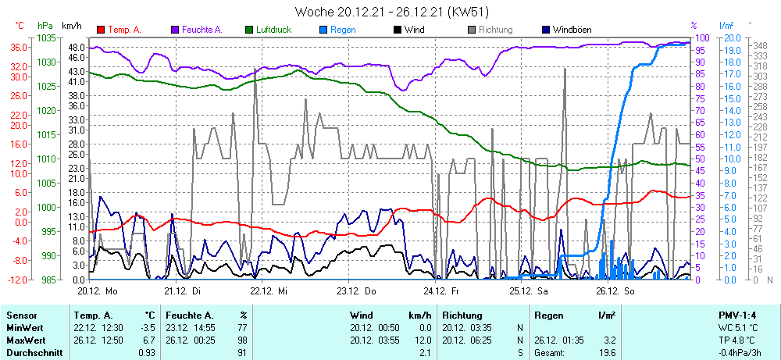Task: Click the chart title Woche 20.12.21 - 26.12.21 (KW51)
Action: pos(390,12)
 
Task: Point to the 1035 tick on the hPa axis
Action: pos(47,37)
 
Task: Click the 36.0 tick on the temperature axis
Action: pos(20,47)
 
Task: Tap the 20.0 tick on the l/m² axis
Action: pos(731,37)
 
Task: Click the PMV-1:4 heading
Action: pos(738,315)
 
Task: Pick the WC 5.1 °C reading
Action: pos(738,327)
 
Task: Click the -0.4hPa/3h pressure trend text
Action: pos(738,353)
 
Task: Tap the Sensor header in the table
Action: pos(22,315)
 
